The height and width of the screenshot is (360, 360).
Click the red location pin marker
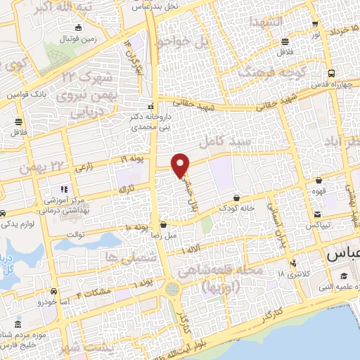pyautogui.click(x=181, y=165)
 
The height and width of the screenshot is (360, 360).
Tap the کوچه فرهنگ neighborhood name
pyautogui.click(x=270, y=72)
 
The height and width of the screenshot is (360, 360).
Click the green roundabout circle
pyautogui.click(x=172, y=289)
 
